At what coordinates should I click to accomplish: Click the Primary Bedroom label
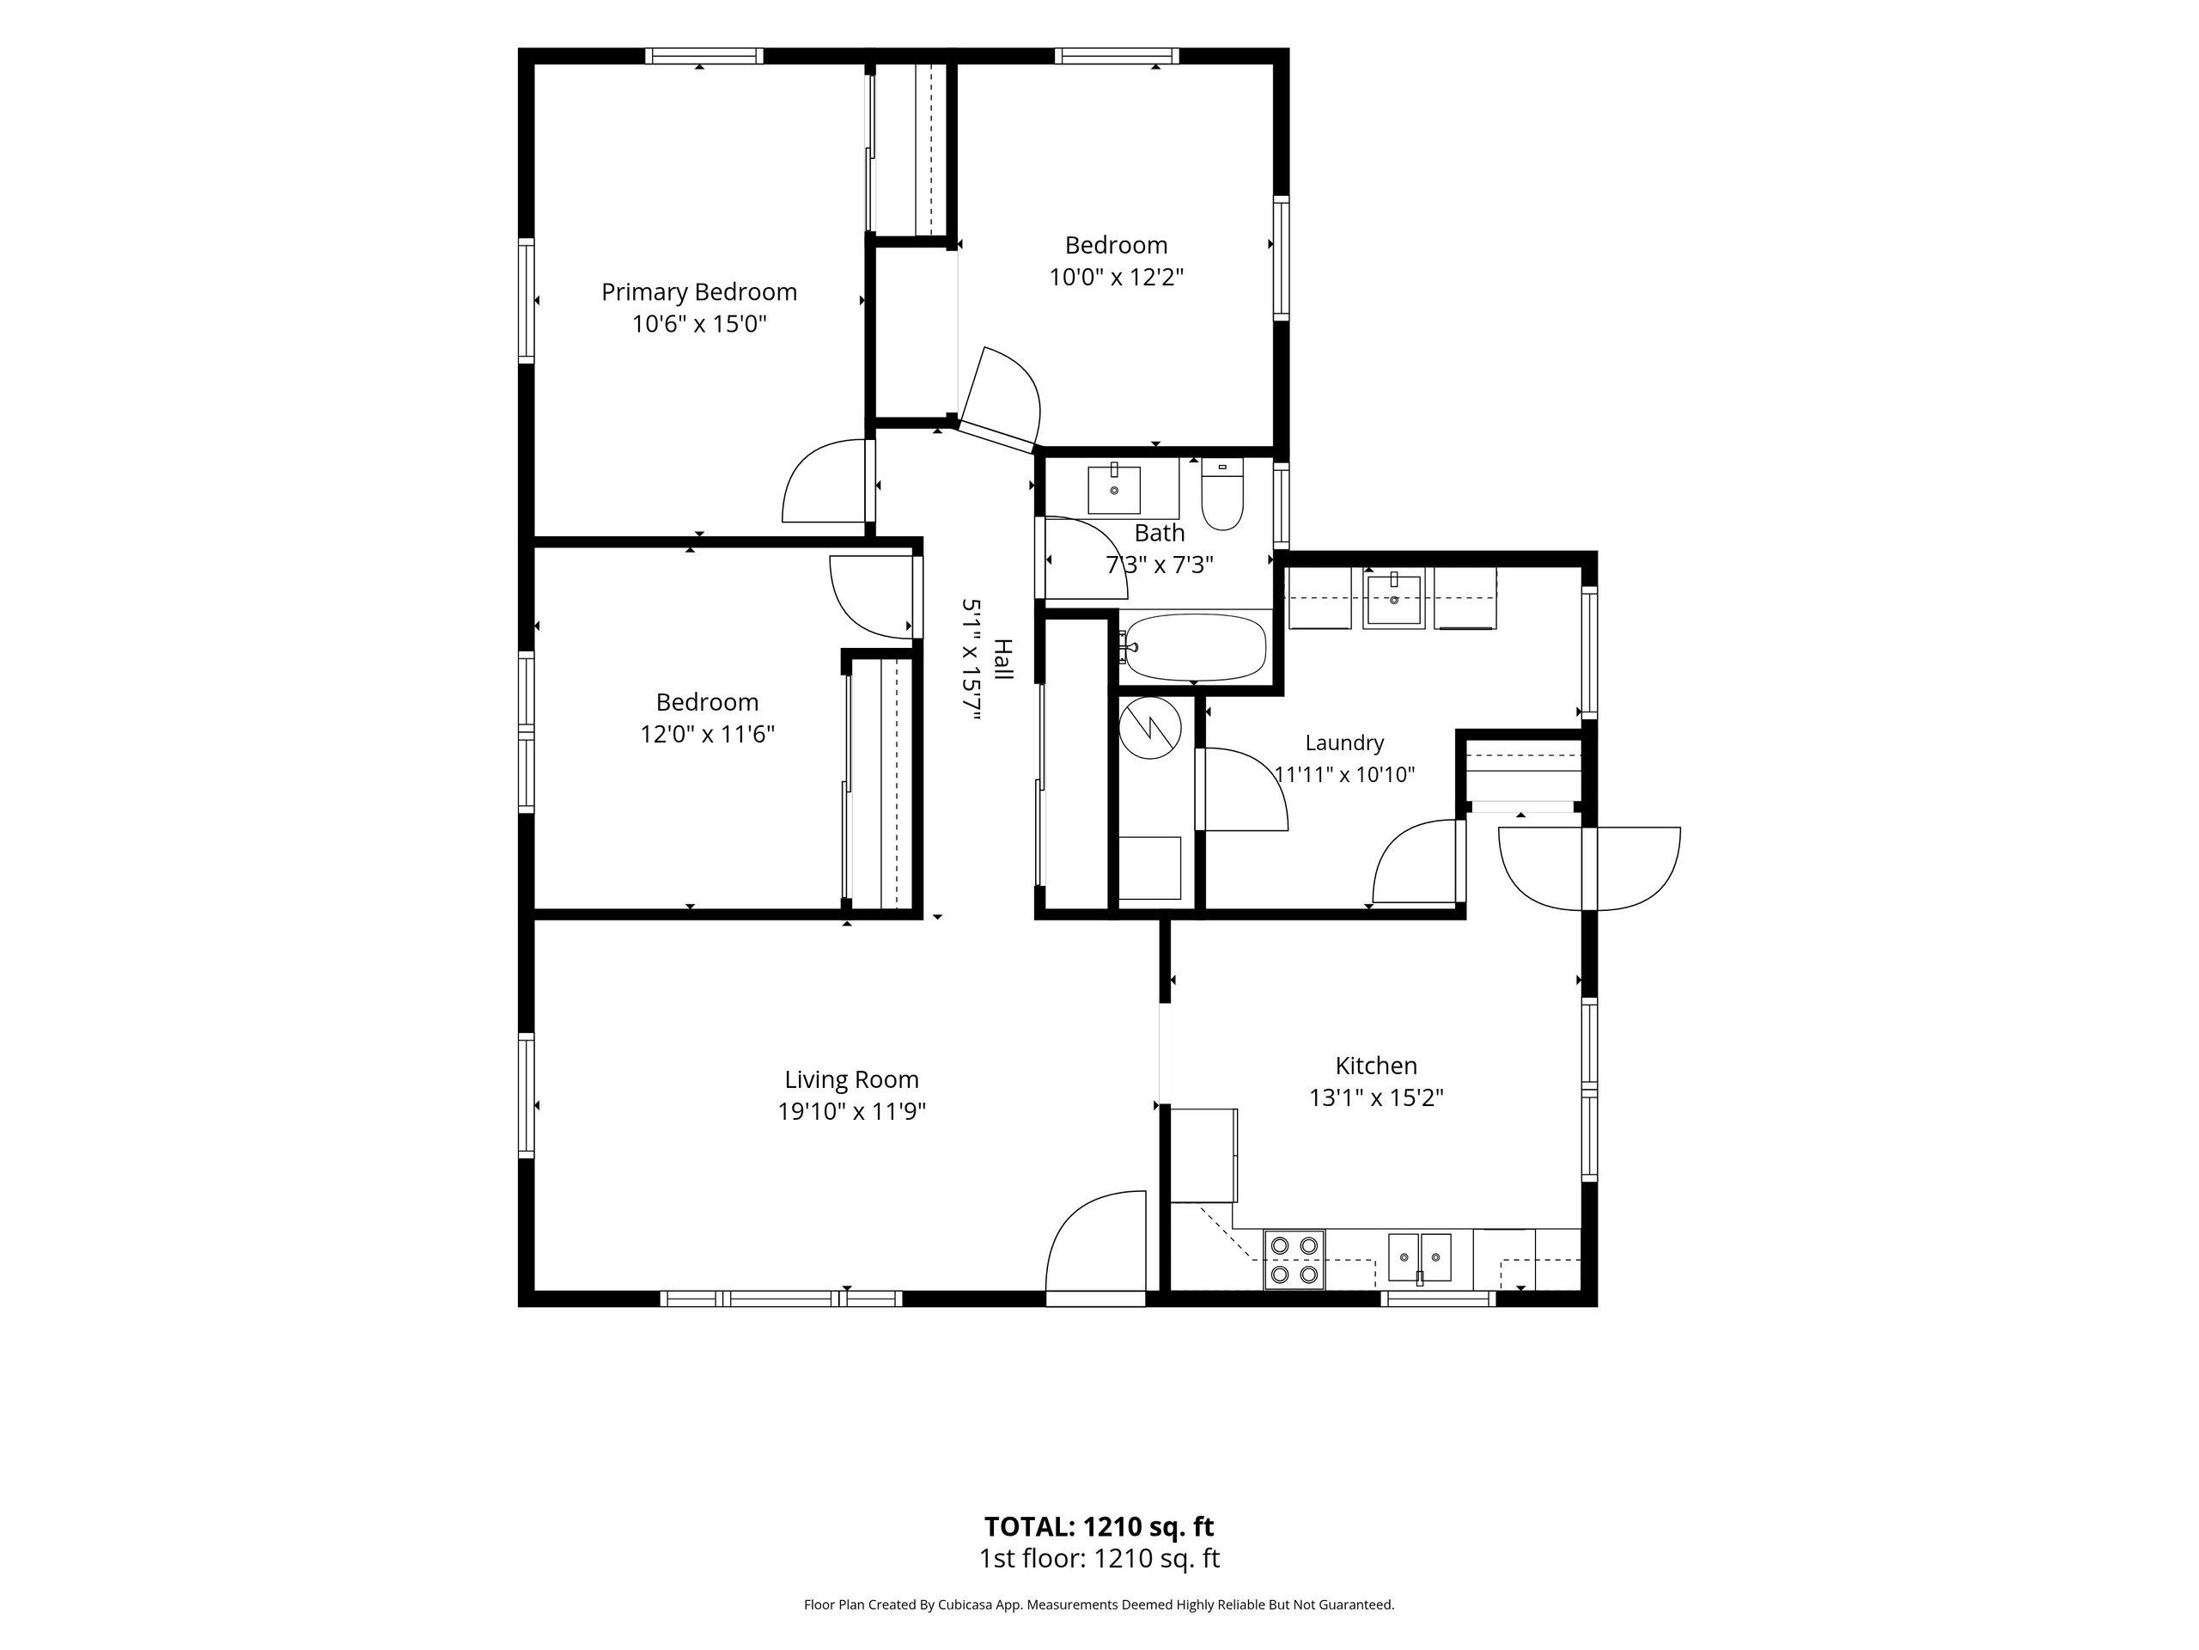[x=699, y=292]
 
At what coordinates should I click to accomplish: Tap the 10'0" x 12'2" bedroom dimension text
[x=1117, y=277]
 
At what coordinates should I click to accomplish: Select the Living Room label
[x=852, y=1079]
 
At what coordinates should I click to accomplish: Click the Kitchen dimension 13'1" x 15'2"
[x=1376, y=1098]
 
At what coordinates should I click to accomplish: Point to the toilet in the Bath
[x=1221, y=493]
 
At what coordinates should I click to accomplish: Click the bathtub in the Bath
[x=1193, y=646]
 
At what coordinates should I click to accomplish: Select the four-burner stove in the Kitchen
[x=1294, y=1259]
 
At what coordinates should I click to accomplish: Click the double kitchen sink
[x=1420, y=1258]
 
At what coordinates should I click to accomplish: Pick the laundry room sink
[x=1394, y=599]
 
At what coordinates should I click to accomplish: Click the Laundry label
[x=1344, y=743]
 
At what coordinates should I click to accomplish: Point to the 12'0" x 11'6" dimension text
[x=707, y=734]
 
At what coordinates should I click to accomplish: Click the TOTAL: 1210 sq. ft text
[x=1099, y=1525]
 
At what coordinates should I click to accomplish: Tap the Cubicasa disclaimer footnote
[x=1099, y=1604]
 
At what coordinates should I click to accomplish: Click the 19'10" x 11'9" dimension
[x=852, y=1111]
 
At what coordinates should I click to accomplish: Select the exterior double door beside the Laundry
[x=1588, y=868]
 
